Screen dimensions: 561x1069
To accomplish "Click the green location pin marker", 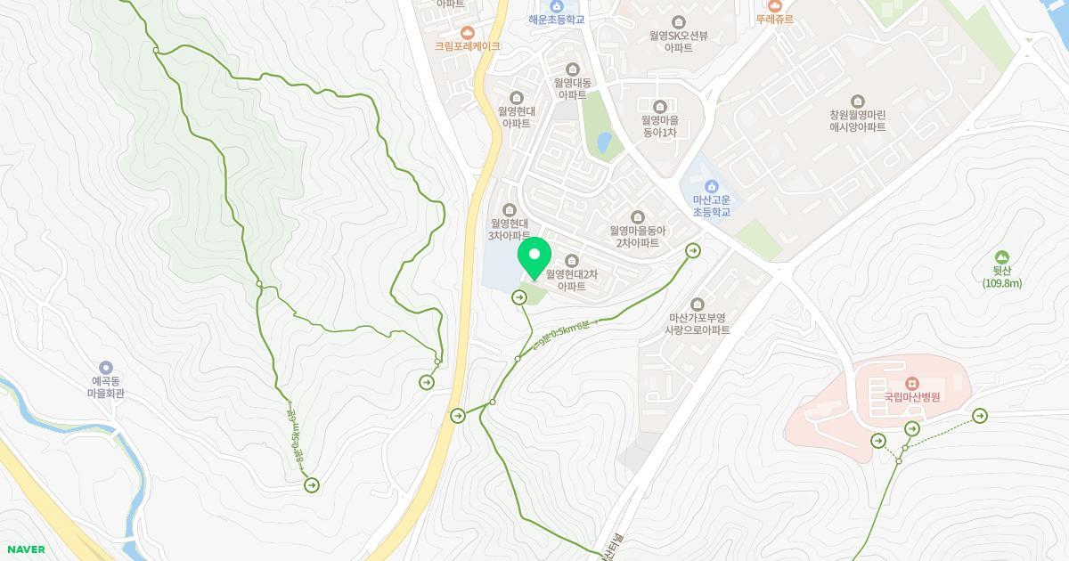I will click(534, 259).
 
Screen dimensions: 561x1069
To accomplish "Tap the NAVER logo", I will click(25, 549).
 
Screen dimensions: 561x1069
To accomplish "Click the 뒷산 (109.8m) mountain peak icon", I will click(1002, 257).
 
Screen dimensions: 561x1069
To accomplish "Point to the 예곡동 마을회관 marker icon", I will click(106, 368).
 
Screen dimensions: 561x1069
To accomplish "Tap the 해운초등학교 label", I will click(557, 19).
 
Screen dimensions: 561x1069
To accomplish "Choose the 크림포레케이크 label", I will click(467, 45).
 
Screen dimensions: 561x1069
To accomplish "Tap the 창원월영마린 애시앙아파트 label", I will click(857, 120).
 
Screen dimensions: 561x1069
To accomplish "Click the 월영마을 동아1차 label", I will click(660, 126).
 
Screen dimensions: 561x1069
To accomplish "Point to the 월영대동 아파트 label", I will click(572, 88).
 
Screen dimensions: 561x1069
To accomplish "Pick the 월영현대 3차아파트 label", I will click(510, 230).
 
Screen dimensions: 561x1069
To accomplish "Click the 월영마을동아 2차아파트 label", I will click(637, 236).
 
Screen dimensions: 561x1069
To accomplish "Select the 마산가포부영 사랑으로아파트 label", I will click(697, 323).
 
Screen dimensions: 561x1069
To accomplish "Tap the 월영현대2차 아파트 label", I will click(571, 280).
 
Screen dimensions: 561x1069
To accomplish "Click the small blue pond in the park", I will click(604, 142).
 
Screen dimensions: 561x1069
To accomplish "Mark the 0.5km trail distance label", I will click(559, 336).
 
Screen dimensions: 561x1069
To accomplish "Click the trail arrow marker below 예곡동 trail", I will click(312, 484).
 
